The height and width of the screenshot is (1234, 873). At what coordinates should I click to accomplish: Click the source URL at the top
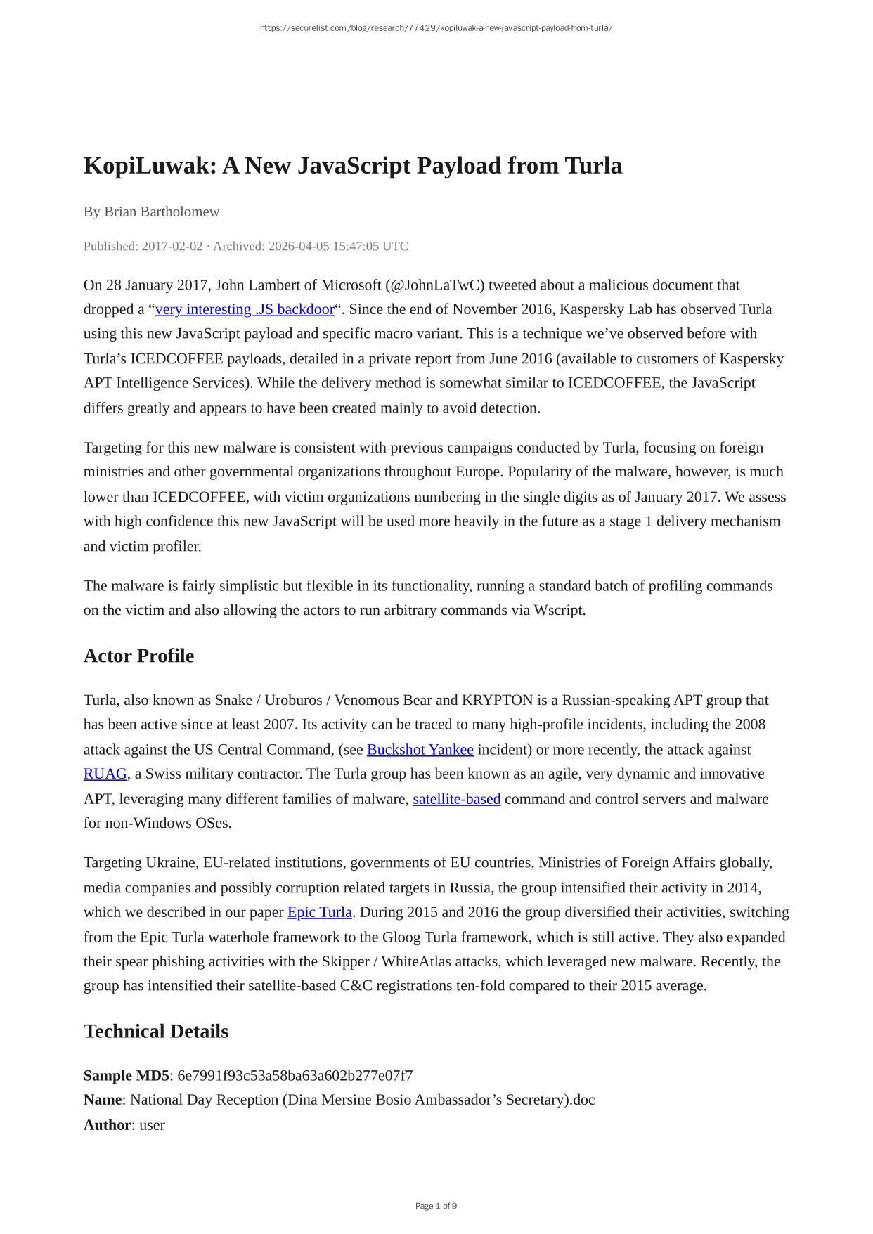coord(436,28)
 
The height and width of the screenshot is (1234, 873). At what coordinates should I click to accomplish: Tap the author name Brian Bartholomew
coord(162,212)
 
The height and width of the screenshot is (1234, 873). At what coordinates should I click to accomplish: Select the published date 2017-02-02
coord(172,246)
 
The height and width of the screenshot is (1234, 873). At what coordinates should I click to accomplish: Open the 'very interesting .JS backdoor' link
coord(245,309)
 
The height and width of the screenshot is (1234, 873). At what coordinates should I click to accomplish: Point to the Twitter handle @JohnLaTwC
coord(435,285)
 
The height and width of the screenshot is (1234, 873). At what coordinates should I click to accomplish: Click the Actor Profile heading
coord(138,656)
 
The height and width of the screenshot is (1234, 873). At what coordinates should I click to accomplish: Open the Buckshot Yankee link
coord(420,750)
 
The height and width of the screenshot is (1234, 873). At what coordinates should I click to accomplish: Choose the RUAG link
coord(105,774)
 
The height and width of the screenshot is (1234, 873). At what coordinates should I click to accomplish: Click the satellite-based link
coord(457,799)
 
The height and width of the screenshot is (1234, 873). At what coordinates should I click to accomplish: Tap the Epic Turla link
coord(320,912)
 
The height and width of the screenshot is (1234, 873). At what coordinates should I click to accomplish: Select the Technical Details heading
coord(156,1031)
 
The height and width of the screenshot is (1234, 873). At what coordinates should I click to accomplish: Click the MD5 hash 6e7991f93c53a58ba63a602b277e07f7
coord(295,1075)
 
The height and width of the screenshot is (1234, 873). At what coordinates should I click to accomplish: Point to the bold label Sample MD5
coord(127,1075)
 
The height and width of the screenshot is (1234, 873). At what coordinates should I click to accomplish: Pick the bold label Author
coord(108,1124)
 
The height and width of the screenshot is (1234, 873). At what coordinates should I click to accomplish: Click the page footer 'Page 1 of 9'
coord(436,1206)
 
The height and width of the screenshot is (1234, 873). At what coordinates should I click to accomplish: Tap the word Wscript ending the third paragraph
coord(558,610)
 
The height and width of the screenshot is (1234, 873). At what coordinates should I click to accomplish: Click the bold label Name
coord(103,1100)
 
